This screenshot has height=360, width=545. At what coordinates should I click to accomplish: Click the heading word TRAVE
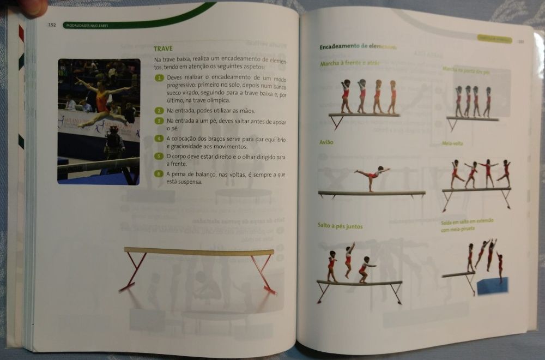coord(163,49)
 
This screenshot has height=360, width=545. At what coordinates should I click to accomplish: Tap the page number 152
coord(52,25)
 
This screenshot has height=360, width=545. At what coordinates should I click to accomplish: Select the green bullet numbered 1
coord(159,78)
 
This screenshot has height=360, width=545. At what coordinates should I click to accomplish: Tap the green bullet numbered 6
coord(159,174)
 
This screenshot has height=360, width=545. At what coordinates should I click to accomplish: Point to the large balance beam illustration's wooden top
coord(198,251)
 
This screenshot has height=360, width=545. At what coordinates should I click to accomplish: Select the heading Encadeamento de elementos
coord(358,47)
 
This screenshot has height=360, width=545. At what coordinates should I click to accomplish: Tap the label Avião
coord(326,142)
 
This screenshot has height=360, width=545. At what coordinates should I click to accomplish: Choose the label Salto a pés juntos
coord(340,226)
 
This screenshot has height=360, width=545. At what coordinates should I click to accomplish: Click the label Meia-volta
coord(452,144)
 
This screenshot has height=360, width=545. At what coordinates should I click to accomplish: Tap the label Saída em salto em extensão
coord(468,221)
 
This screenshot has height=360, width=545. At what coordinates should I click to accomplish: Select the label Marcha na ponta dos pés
coord(467,70)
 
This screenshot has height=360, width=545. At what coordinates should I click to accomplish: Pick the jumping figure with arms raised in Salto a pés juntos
coord(348,260)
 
